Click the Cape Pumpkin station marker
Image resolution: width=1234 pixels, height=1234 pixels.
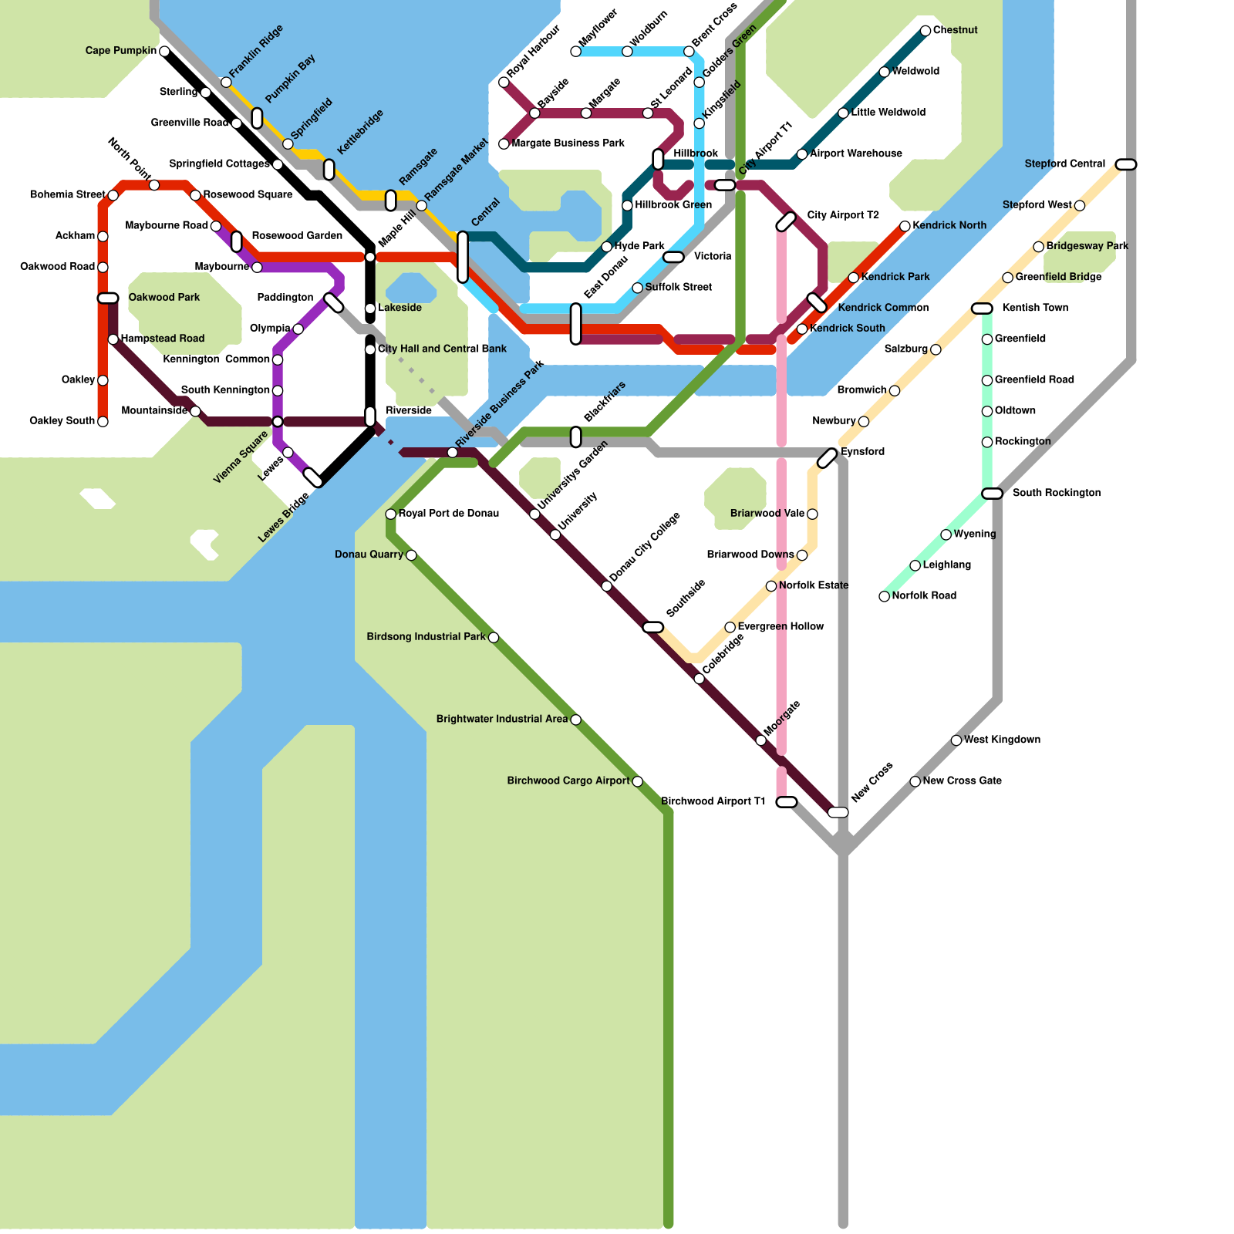[164, 52]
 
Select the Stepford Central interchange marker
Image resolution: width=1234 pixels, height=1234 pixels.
[1126, 164]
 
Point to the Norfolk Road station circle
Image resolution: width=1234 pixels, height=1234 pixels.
[885, 596]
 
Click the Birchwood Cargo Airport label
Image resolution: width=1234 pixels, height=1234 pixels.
[568, 781]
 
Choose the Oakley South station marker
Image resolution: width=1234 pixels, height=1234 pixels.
[103, 422]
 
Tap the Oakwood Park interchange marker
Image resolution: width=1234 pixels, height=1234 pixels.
[108, 298]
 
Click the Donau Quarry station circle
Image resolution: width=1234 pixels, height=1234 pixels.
[411, 555]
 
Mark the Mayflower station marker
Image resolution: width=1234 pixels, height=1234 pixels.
[575, 52]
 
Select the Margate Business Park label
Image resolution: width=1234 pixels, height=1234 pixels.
[568, 143]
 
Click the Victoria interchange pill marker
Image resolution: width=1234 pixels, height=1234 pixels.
[673, 257]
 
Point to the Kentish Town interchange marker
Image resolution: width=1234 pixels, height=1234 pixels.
[982, 308]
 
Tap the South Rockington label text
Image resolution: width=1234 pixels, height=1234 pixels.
[1056, 493]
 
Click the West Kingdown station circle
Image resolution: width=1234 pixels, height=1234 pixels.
[956, 740]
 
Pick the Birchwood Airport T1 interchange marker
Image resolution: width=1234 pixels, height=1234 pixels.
[786, 802]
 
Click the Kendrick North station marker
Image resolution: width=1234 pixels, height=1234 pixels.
[905, 226]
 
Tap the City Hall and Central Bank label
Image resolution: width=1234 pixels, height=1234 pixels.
[442, 349]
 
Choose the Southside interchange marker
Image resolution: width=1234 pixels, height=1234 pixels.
[652, 627]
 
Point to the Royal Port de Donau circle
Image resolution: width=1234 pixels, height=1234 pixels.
[391, 514]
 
